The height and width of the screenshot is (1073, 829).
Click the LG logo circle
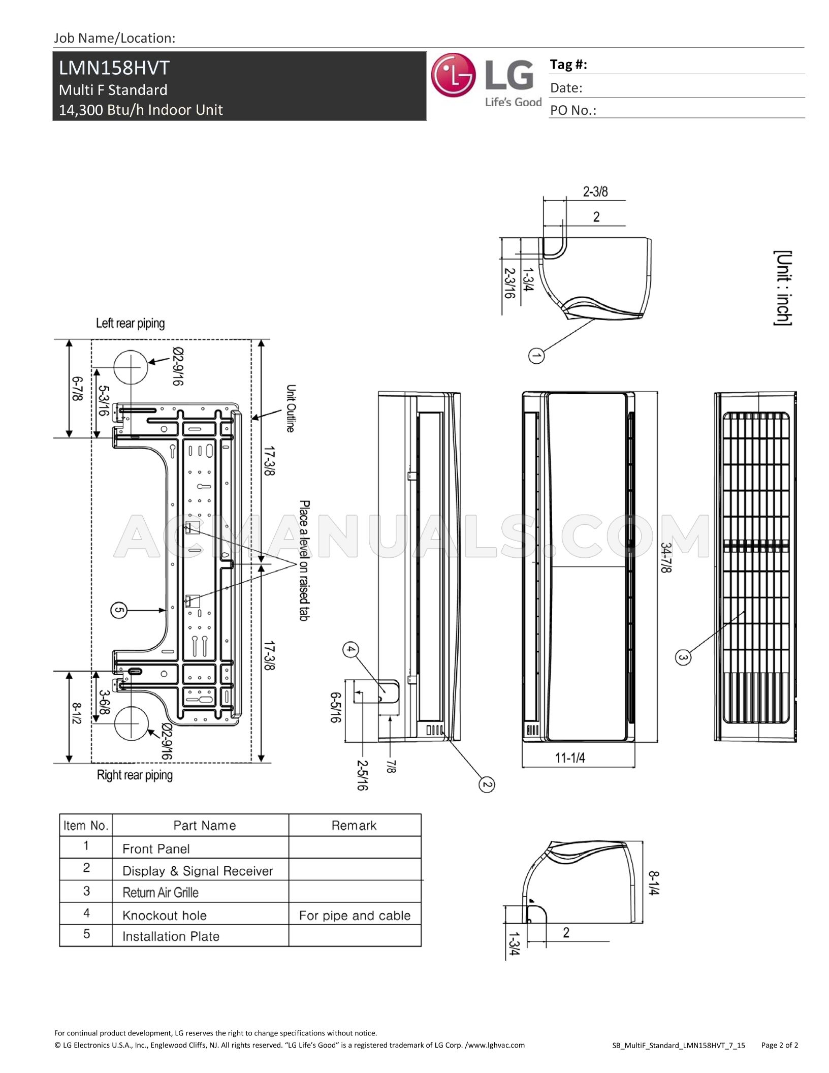point(453,75)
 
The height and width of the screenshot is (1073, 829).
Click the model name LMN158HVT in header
point(114,68)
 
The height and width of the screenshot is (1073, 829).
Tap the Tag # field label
point(568,65)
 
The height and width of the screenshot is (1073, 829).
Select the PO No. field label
point(573,110)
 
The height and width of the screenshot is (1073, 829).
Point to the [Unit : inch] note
point(783,288)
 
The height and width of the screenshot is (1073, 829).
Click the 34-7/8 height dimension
point(666,558)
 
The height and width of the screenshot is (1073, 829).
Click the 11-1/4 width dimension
point(570,759)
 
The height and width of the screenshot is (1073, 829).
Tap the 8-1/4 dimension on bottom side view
point(654,883)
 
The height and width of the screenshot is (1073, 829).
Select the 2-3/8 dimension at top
point(595,192)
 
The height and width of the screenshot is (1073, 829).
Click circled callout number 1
point(536,355)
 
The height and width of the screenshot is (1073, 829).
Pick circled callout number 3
point(683,657)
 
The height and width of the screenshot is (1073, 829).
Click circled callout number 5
point(118,610)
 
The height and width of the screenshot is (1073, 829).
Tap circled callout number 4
point(350,650)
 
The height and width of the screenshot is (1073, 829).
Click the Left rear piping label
point(131,324)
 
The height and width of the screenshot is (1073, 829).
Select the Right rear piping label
point(135,775)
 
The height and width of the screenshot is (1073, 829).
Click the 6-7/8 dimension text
point(77,389)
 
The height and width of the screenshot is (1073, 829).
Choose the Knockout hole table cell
point(165,916)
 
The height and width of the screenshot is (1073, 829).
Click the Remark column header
point(354,826)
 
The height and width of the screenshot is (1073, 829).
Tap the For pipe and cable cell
point(355,916)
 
